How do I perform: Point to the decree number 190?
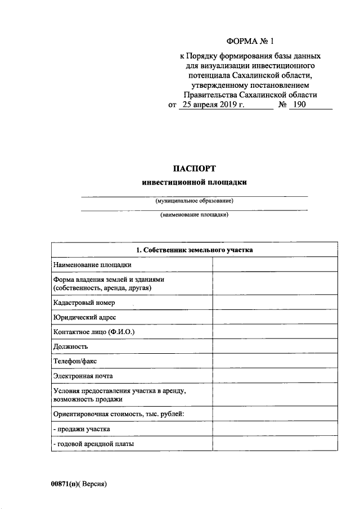298,105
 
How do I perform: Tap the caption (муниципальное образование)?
194,201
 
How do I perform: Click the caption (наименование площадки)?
194,215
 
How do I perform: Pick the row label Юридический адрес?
84,318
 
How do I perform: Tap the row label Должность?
71,346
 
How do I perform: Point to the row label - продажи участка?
82,429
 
